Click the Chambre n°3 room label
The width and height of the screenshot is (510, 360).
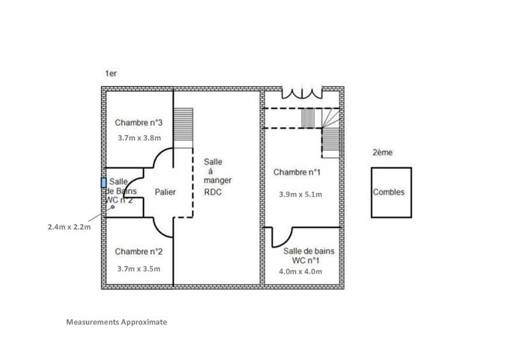[x=138, y=122]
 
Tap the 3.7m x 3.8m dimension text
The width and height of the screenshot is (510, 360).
[x=138, y=137]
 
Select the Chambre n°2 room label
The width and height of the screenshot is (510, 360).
[x=138, y=250]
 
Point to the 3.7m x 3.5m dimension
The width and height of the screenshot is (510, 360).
[x=138, y=268]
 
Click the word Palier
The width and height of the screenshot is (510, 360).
[x=165, y=192]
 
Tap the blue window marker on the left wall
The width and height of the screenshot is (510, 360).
[x=104, y=182]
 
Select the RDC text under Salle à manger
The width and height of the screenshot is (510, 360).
[x=212, y=192]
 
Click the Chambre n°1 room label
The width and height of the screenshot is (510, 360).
[x=296, y=172]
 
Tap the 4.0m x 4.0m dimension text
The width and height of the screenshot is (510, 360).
[x=301, y=271]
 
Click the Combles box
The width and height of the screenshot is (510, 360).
[x=391, y=192]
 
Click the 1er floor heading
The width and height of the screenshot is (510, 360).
[x=111, y=74]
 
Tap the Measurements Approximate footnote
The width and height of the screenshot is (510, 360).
[x=117, y=322]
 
